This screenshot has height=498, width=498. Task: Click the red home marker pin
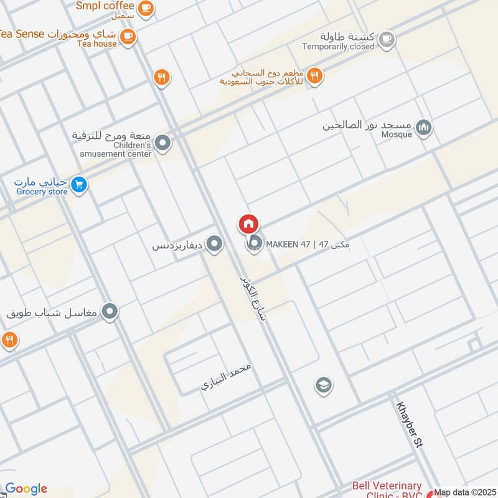tap(248, 224)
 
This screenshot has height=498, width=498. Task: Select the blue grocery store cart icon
tap(78, 184)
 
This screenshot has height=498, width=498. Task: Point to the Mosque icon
tap(424, 128)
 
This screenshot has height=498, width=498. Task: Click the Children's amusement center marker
tap(163, 144)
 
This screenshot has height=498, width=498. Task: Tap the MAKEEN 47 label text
tap(308, 245)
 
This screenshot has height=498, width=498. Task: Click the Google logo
tap(26, 489)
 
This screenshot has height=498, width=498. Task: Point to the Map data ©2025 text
tap(466, 492)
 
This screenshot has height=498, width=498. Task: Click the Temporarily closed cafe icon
tap(387, 39)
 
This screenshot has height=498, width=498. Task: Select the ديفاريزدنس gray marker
tap(215, 245)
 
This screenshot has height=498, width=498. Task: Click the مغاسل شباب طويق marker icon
tap(110, 312)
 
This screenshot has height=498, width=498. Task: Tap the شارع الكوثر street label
tap(253, 298)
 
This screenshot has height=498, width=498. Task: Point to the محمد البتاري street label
tap(226, 376)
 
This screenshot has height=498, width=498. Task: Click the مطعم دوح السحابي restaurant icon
tap(315, 76)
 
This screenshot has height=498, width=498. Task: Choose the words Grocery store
tap(42, 192)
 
